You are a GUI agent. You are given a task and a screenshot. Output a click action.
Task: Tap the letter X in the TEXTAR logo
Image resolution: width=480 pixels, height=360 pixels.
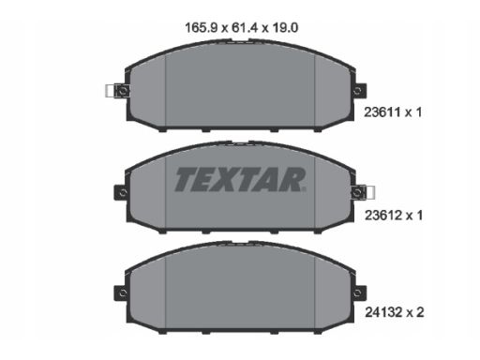tap(224, 178)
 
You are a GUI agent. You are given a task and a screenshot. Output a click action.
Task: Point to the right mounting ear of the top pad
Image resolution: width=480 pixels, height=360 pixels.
tap(358, 90)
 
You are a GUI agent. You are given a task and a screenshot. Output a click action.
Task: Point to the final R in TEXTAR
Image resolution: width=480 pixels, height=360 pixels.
tap(293, 178)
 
